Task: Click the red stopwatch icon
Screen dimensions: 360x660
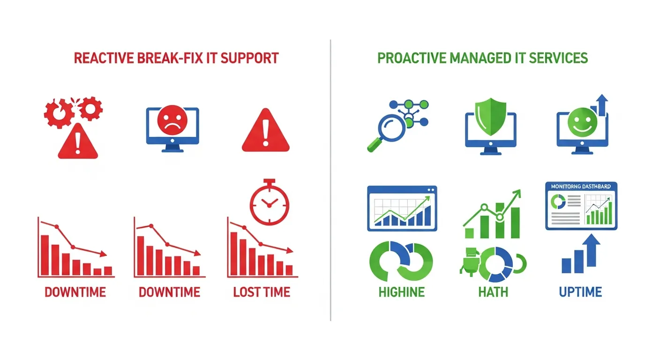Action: coord(269,202)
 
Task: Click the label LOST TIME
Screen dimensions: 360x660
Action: coord(262,292)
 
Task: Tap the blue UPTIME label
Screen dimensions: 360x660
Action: coord(580,292)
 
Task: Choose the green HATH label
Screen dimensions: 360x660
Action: coord(493,292)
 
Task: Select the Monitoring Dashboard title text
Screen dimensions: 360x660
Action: coord(581,187)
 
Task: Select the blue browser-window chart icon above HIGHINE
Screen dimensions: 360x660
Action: coord(402,208)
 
